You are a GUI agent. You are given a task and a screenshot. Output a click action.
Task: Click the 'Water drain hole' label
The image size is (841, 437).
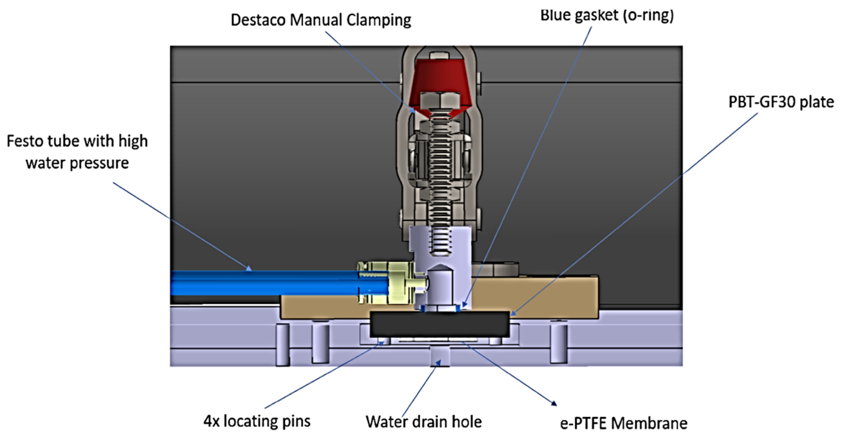423,422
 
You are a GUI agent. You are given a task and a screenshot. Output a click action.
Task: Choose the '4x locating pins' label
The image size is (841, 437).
257,421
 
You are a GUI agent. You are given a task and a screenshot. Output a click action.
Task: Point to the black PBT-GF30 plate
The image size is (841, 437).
439,324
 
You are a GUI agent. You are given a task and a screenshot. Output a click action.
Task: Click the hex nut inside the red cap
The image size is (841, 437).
439,99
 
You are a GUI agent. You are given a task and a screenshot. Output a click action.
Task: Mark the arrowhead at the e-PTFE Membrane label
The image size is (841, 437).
554,403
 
